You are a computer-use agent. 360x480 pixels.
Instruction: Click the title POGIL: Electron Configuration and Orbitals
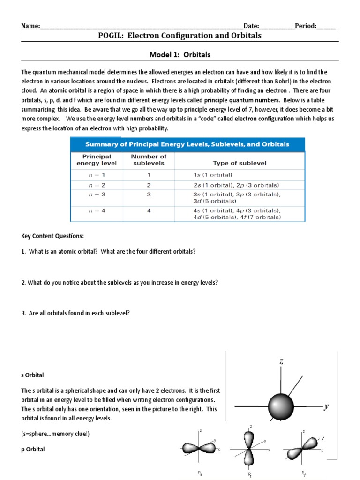click(180, 36)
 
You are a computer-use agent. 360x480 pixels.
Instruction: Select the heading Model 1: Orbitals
click(180, 54)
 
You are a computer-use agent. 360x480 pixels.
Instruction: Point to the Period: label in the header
click(306, 26)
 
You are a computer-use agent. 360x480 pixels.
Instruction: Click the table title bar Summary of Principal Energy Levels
click(187, 144)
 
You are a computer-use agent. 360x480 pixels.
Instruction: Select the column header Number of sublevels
click(149, 160)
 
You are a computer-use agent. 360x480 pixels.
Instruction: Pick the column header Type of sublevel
click(239, 163)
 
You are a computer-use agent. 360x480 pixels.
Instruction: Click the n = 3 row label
click(97, 194)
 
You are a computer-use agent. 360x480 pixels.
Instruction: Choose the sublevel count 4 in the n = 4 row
click(149, 211)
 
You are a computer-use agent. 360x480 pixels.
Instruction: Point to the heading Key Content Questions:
click(52, 236)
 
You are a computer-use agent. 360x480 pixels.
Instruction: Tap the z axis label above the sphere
click(281, 362)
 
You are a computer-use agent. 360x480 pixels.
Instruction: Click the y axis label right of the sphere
click(325, 406)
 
